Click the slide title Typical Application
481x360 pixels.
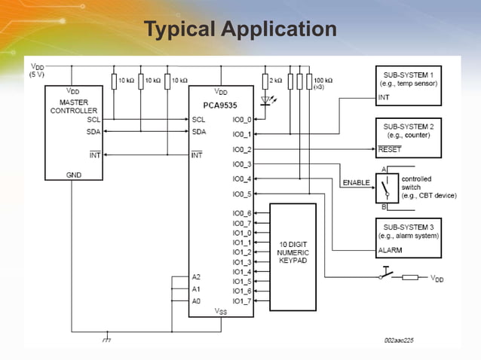pos(240,29)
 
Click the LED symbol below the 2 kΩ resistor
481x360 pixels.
pos(265,99)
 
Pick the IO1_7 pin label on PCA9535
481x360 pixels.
pos(243,301)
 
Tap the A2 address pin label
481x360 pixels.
pos(196,277)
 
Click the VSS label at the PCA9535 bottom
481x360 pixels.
pos(220,310)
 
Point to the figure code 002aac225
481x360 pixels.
pos(398,340)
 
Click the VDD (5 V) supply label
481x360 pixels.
pos(37,70)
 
